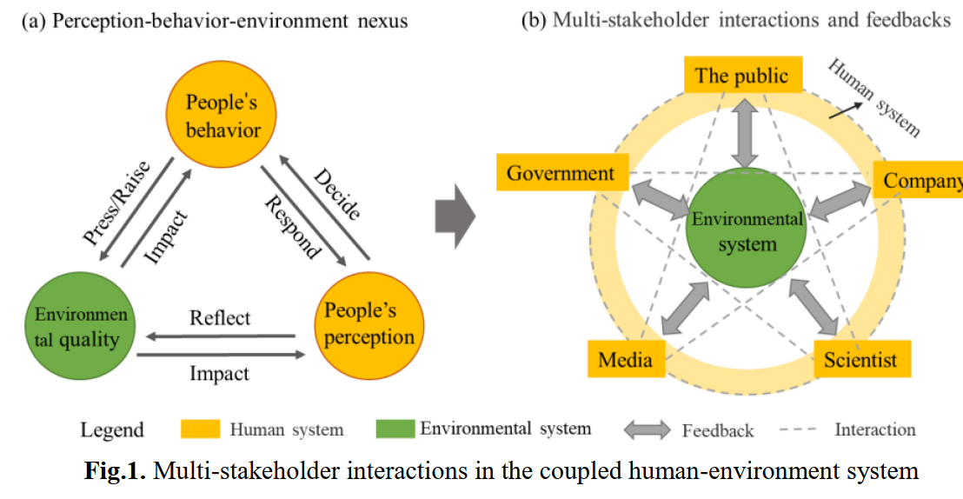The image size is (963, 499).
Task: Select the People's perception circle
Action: pos(369,323)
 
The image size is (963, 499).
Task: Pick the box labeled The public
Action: pos(741,76)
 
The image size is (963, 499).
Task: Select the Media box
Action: pos(626,358)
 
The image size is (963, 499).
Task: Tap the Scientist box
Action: pos(860,359)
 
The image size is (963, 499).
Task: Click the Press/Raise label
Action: pos(116,203)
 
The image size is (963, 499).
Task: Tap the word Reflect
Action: pos(220,318)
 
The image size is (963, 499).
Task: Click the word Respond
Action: pos(293,228)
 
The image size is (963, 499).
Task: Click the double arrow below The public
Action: pos(746,131)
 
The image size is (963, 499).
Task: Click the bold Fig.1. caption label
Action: pos(116,472)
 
